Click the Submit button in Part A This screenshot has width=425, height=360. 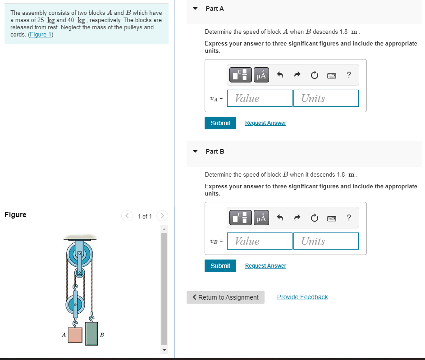[x=220, y=123]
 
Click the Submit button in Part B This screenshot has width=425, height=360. [x=220, y=266]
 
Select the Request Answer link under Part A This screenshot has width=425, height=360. [x=265, y=123]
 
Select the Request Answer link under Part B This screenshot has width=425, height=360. [x=265, y=266]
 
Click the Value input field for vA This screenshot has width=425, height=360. [x=260, y=98]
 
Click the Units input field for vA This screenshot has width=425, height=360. [x=326, y=98]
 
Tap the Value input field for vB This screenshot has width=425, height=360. [x=260, y=241]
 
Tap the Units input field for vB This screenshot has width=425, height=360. [x=326, y=241]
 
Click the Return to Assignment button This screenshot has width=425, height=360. [x=225, y=297]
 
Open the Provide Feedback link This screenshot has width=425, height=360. [x=302, y=297]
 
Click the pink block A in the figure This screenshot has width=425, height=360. [x=75, y=335]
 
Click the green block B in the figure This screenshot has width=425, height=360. [x=91, y=333]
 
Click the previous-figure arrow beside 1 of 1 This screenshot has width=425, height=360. [x=127, y=216]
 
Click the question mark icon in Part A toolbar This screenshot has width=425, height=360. [x=349, y=75]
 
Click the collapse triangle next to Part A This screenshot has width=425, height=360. [x=195, y=9]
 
